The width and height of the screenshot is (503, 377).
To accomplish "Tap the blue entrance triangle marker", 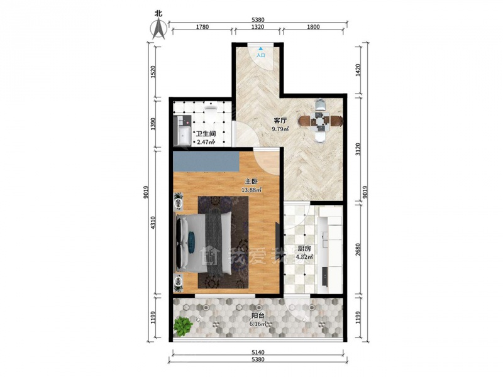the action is [261, 49].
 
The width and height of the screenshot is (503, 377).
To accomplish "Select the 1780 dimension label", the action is [202, 27].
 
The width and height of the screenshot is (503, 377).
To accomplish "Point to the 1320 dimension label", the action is [258, 27].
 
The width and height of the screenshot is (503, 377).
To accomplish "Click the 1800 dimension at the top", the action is [313, 27].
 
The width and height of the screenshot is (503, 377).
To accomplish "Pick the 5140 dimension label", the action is [258, 352].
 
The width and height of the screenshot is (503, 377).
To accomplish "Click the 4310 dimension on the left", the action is [153, 222].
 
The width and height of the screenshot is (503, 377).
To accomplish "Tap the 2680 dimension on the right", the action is [358, 249].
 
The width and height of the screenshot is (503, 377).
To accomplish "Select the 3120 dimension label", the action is [358, 150].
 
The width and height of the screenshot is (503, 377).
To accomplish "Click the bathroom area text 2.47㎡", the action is [206, 142].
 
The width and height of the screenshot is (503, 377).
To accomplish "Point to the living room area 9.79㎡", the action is [280, 129].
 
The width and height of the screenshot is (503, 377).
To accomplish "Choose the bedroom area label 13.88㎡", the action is [251, 190].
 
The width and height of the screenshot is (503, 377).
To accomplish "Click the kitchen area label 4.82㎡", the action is [304, 257].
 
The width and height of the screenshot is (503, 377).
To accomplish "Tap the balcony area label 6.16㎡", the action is [258, 324].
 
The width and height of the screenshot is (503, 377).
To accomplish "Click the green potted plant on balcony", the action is [183, 326].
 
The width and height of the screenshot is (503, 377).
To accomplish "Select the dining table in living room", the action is [321, 121].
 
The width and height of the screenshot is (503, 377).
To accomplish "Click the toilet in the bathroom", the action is [211, 109].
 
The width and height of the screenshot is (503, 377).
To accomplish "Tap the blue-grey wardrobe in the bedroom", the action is [206, 162].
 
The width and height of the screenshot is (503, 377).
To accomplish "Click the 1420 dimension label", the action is [358, 70].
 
